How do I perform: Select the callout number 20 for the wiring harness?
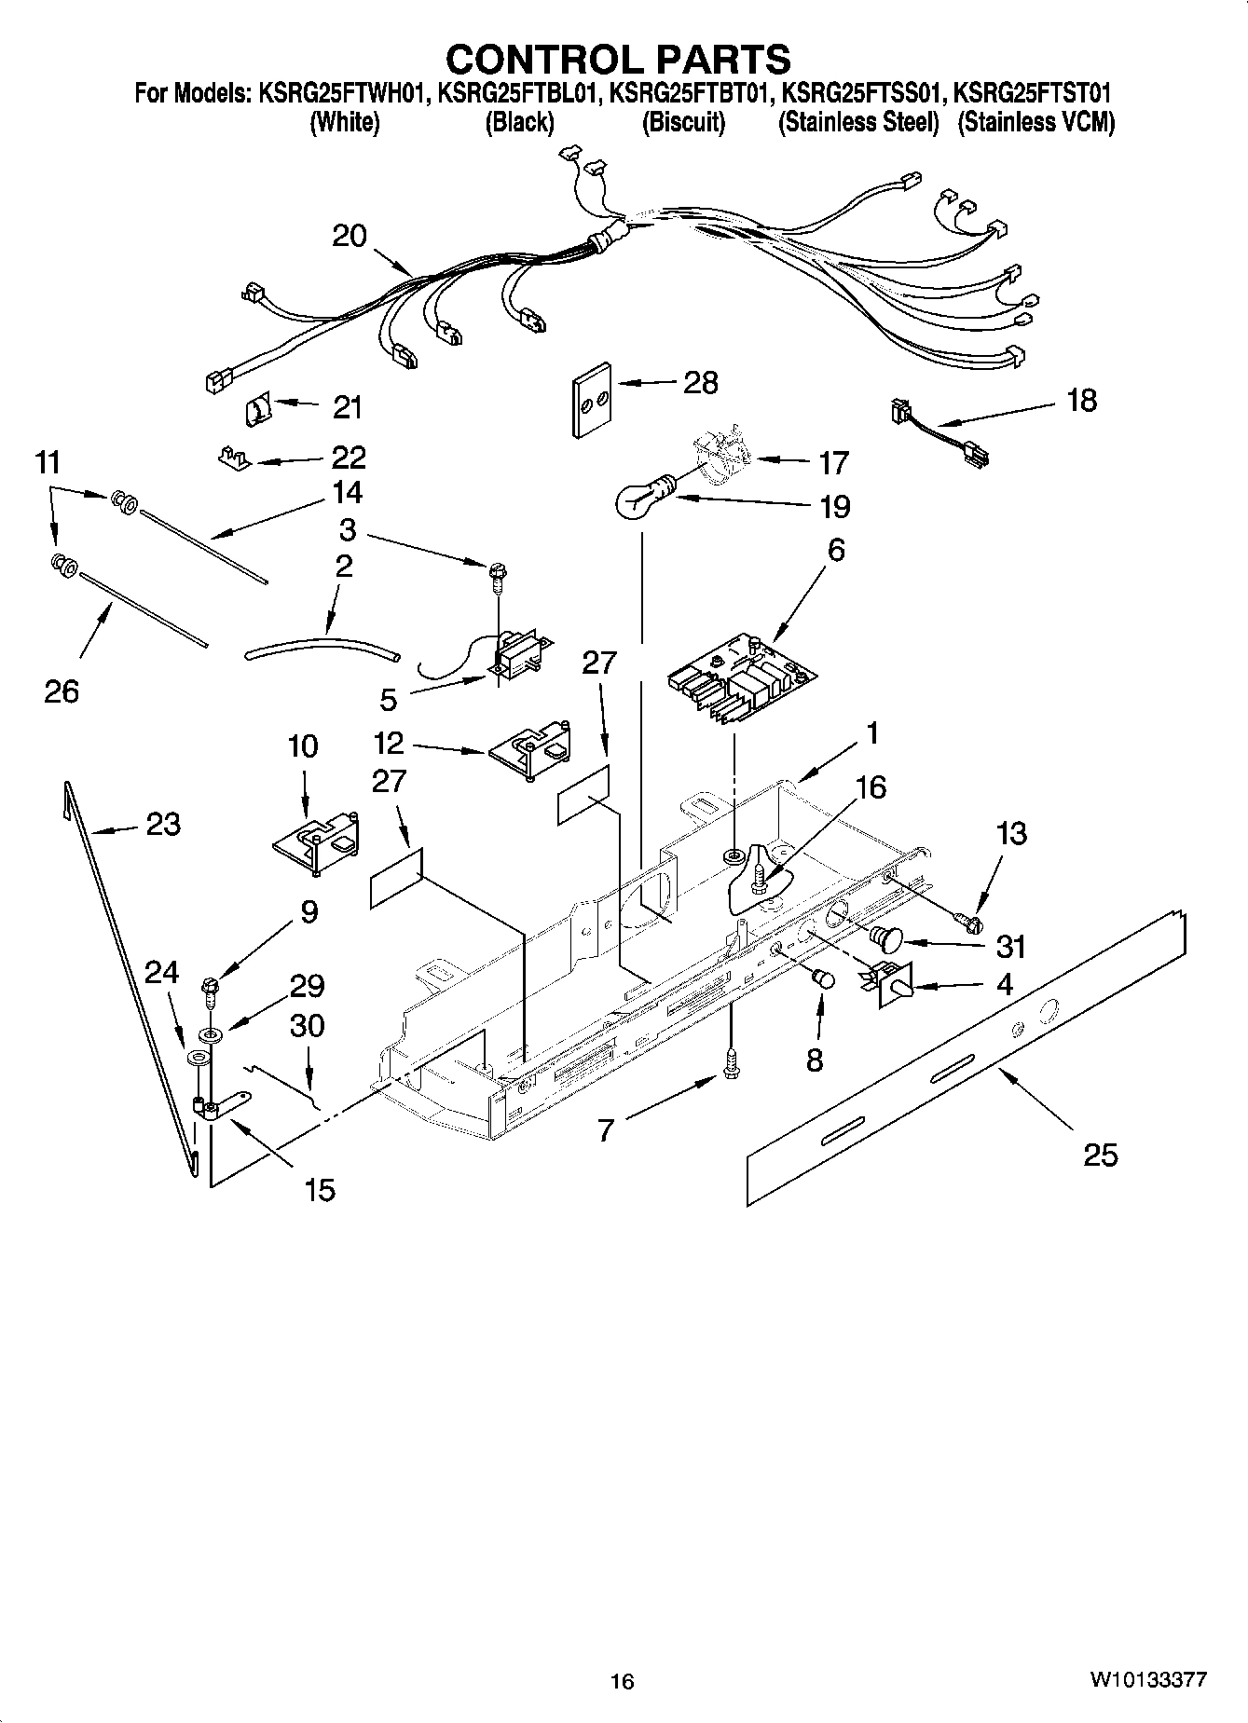point(350,236)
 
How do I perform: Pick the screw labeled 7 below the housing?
point(731,1062)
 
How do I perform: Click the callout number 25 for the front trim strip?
point(1100,1156)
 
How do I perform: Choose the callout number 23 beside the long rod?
point(162,824)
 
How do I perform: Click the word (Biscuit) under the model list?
point(683,123)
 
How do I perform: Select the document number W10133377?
point(1147,1681)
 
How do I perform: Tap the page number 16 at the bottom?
point(622,1681)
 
